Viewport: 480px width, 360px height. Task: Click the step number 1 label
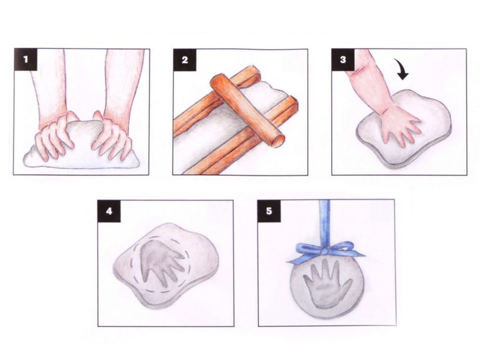point(26,59)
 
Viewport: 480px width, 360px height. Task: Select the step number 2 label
point(185,60)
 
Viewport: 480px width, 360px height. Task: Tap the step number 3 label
point(343,59)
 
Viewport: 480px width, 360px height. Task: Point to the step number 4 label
point(109,211)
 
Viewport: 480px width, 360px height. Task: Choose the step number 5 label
point(269,211)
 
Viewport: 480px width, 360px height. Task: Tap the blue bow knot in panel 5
point(325,251)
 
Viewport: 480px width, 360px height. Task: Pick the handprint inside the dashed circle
point(161,260)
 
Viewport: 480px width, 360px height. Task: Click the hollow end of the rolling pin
point(278,141)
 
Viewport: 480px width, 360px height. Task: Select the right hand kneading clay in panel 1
point(113,135)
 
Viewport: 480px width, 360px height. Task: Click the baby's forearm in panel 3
point(367,83)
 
